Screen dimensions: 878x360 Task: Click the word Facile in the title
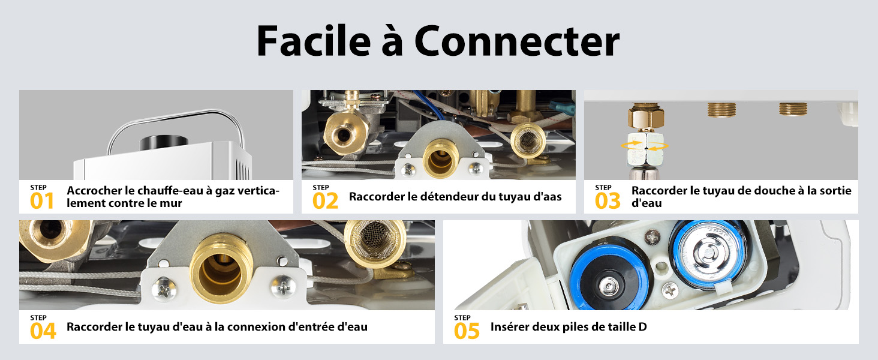pyautogui.click(x=314, y=41)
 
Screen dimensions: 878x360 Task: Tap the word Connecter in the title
pyautogui.click(x=517, y=41)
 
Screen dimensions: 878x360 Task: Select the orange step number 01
pyautogui.click(x=42, y=201)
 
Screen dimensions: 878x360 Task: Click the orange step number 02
pyautogui.click(x=325, y=201)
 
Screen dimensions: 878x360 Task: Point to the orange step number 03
pyautogui.click(x=608, y=201)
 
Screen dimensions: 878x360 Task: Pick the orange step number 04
pyautogui.click(x=43, y=331)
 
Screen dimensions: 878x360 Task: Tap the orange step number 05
pyautogui.click(x=467, y=331)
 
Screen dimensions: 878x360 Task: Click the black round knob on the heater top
pyautogui.click(x=164, y=142)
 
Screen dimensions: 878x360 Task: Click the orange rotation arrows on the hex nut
pyautogui.click(x=644, y=146)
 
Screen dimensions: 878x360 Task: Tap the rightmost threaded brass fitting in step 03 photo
pyautogui.click(x=793, y=109)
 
